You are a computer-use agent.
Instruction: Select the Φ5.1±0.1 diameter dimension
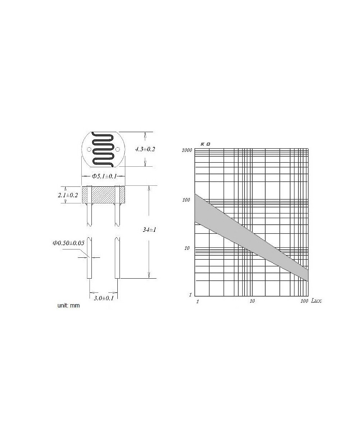(104, 176)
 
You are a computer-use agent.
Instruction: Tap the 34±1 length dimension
(149, 230)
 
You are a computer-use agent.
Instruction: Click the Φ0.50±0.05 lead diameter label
(68, 243)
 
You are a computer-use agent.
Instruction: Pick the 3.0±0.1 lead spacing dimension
(103, 298)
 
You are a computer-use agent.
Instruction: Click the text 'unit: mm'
(68, 306)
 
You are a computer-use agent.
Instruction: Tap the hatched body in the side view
(104, 195)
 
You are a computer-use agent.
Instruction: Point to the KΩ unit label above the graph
(206, 144)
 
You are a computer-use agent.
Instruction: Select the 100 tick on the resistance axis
(187, 200)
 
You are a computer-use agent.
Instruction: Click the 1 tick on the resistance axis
(190, 295)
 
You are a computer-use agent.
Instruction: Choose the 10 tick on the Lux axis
(252, 301)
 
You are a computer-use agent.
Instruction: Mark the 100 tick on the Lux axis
(304, 301)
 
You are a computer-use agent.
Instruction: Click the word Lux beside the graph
(316, 301)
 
